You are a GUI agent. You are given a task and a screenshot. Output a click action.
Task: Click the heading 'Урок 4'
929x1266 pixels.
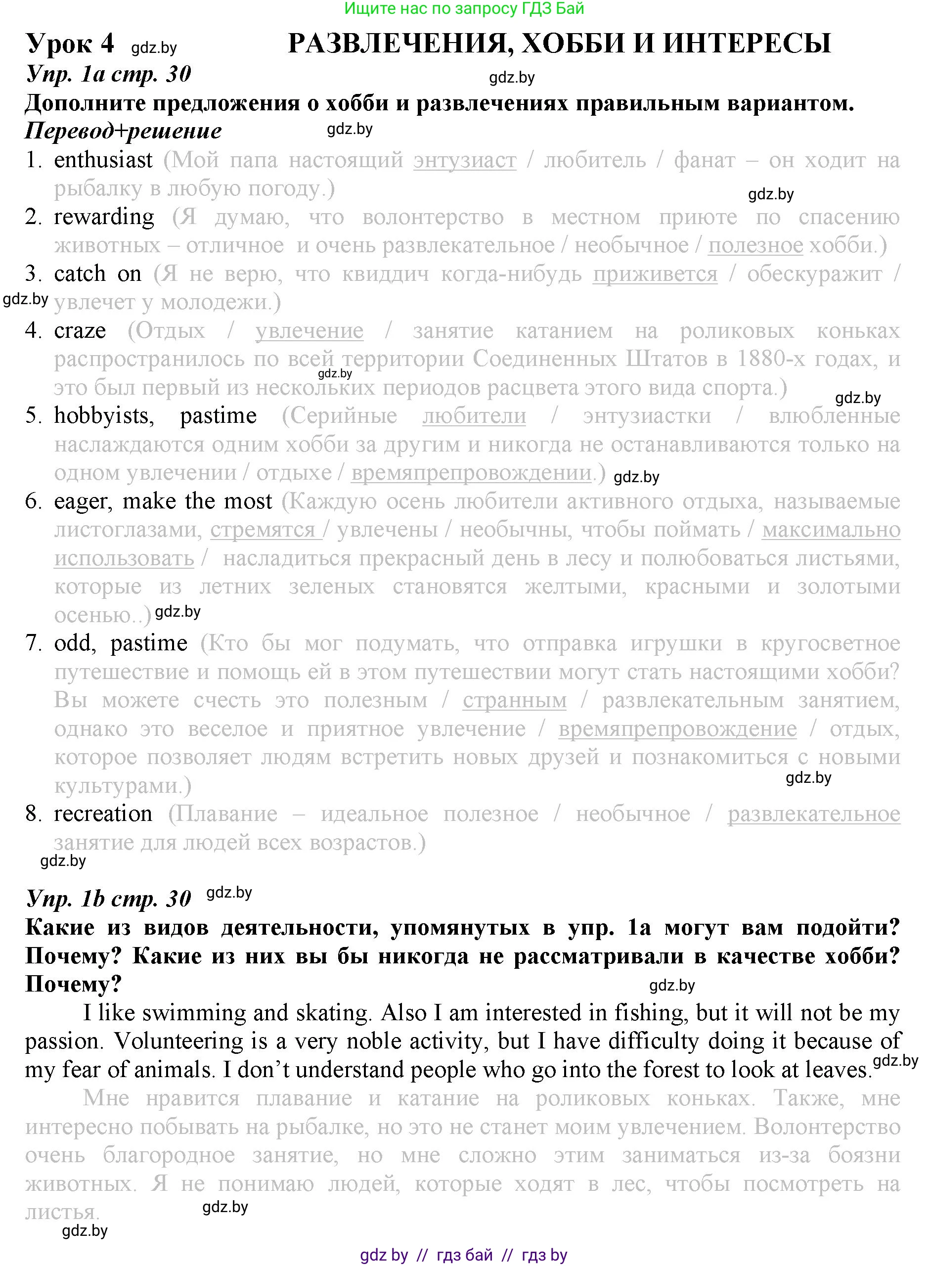(70, 44)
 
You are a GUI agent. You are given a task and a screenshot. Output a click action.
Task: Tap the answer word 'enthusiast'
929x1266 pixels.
(103, 160)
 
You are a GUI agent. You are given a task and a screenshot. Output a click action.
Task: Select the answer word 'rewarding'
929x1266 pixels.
(104, 217)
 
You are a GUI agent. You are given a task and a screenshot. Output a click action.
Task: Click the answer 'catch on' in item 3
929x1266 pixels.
(98, 274)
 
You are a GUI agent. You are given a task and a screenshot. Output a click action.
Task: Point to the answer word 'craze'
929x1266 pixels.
(80, 331)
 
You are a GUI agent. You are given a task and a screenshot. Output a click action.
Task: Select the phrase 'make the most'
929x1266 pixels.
(197, 501)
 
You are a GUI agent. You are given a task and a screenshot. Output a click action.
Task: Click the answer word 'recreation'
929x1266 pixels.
(103, 813)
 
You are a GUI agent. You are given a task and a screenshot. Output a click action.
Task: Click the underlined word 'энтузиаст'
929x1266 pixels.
(465, 160)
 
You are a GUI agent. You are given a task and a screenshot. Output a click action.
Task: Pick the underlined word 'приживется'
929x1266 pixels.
(655, 274)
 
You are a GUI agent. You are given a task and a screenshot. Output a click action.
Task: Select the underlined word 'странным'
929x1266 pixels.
(515, 700)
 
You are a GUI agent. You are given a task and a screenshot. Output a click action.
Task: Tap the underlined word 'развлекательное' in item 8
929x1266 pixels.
(814, 813)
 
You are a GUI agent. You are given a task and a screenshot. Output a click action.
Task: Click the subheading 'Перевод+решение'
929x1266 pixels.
(123, 131)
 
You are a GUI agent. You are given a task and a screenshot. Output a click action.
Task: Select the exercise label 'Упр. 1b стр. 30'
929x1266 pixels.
(109, 899)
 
